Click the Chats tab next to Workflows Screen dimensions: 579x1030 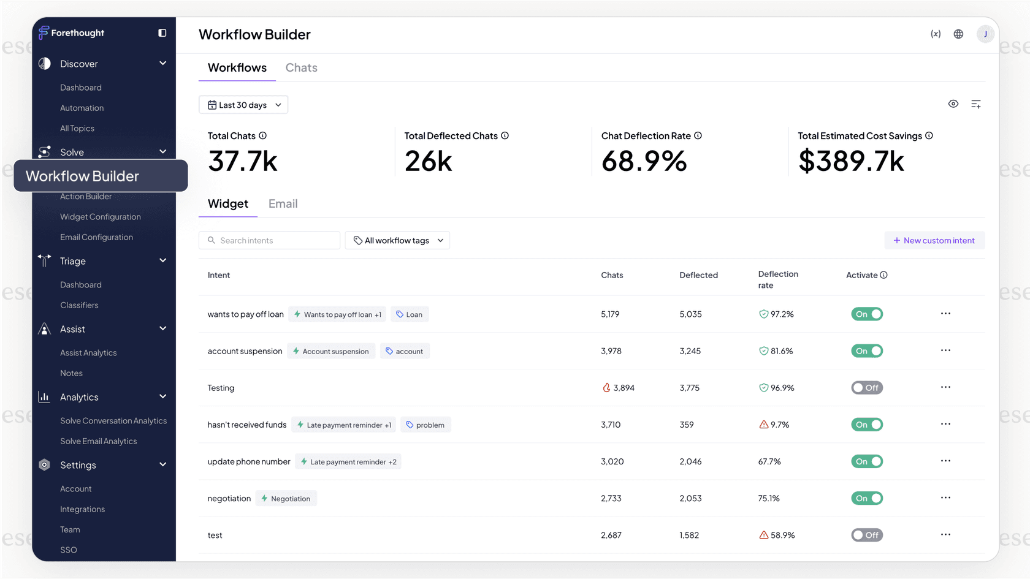301,68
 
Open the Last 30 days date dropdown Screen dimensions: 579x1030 243,105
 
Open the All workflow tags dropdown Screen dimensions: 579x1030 397,241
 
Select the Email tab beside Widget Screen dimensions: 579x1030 283,204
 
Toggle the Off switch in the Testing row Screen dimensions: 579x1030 866,388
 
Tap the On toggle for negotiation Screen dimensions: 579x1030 866,498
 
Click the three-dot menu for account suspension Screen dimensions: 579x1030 945,350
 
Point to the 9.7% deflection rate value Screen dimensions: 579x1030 779,425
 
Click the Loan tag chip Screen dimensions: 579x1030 409,314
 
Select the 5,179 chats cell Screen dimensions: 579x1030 610,314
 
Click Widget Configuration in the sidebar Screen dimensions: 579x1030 101,217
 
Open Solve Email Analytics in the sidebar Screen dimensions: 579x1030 98,441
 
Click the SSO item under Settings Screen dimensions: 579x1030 69,550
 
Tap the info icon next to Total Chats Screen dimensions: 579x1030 262,136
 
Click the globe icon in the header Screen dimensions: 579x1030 958,34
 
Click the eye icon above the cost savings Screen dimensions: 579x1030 953,104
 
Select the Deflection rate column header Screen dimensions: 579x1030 777,279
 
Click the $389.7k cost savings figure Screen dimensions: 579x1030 850,162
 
